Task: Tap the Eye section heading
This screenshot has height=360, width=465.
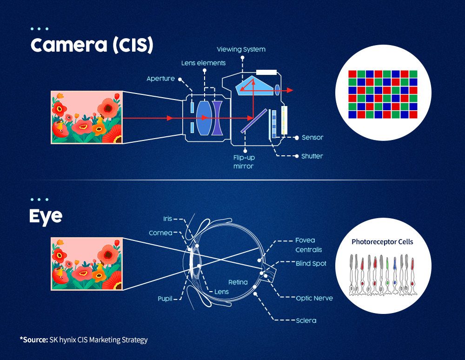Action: [x=46, y=216]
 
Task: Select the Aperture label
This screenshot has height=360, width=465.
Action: [x=160, y=79]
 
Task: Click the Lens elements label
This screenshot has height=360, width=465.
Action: [x=204, y=63]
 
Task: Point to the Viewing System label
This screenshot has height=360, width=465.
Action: [x=241, y=49]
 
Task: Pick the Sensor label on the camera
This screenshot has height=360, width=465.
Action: [x=312, y=137]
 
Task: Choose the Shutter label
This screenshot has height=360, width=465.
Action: [x=312, y=156]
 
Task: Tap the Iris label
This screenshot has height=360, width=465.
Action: [x=168, y=219]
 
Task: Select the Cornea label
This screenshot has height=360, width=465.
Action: [x=160, y=233]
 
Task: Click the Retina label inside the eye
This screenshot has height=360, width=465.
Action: [x=238, y=282]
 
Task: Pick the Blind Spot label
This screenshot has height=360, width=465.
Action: [x=311, y=263]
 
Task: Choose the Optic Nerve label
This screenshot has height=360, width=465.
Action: [x=314, y=298]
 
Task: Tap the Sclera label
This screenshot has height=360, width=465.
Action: [x=306, y=320]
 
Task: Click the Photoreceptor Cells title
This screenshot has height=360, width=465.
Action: [x=382, y=242]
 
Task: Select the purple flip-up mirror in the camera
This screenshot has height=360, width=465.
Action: [x=254, y=121]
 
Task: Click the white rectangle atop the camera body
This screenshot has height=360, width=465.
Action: [x=266, y=72]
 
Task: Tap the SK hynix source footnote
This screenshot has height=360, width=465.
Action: [x=84, y=340]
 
